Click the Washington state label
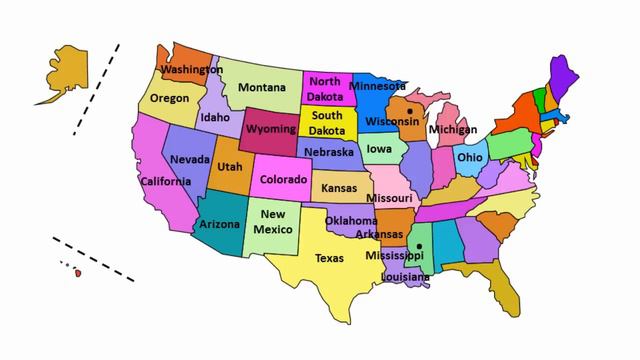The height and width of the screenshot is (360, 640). coord(192,70)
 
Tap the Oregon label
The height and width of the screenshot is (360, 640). coord(169,98)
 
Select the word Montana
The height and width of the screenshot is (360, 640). coord(262,87)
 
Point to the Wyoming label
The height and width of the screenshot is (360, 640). coord(270,130)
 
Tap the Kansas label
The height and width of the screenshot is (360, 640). coord(339,189)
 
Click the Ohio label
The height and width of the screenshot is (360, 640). coord(470,158)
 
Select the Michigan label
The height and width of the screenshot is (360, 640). coord(452,130)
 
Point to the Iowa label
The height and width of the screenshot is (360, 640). coord(379,150)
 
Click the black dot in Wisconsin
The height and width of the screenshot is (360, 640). coord(409,111)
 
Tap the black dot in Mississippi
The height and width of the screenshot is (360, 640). coord(420,245)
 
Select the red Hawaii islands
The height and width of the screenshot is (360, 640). coord(76,271)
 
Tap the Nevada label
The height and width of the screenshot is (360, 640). coord(189,160)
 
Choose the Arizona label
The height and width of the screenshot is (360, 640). coord(219,225)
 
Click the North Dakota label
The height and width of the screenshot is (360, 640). coord(324,88)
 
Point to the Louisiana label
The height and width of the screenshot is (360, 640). coord(405,276)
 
